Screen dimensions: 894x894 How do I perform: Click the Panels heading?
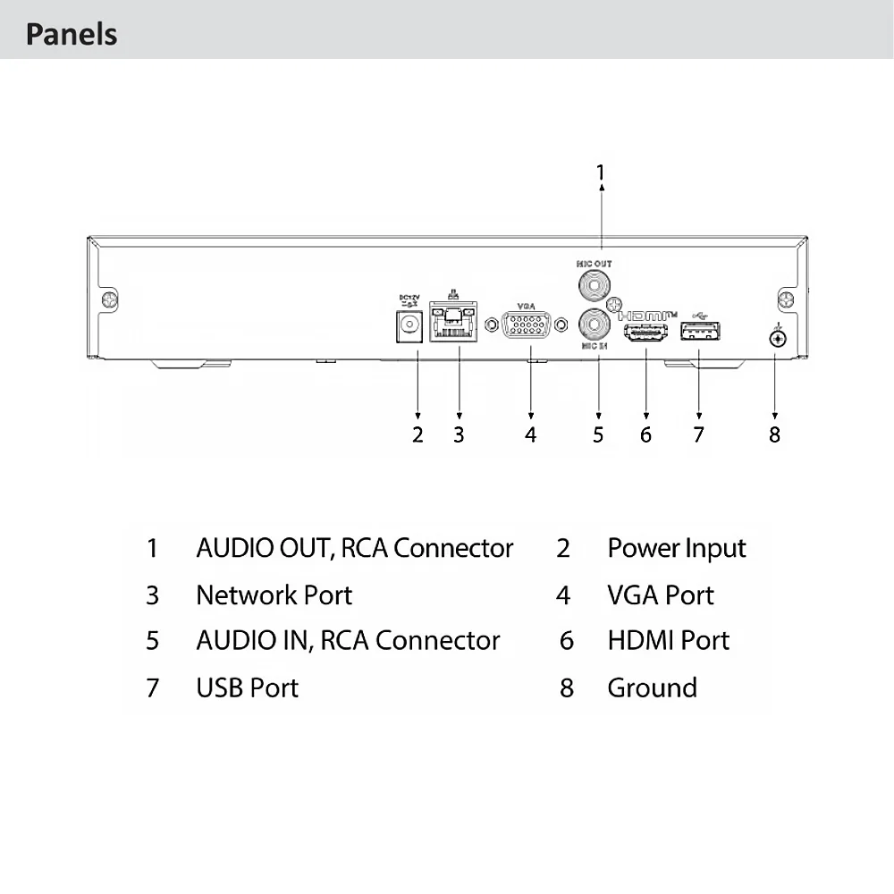point(72,35)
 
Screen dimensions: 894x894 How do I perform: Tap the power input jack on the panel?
point(410,325)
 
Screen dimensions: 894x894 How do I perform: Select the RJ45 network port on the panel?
point(454,323)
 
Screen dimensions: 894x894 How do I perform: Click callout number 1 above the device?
point(601,172)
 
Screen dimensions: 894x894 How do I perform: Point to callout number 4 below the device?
point(531,434)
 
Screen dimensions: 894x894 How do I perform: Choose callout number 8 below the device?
point(774,434)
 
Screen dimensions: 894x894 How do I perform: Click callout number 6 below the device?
point(645,434)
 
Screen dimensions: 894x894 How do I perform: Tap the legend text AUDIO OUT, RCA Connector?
point(354,548)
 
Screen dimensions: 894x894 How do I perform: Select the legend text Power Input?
point(676,548)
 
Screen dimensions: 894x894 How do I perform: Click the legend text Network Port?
point(274,595)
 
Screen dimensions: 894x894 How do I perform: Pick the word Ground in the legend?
point(652,687)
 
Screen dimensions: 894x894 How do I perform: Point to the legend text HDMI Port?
point(668,640)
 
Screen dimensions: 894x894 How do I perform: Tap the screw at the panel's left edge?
point(108,300)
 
